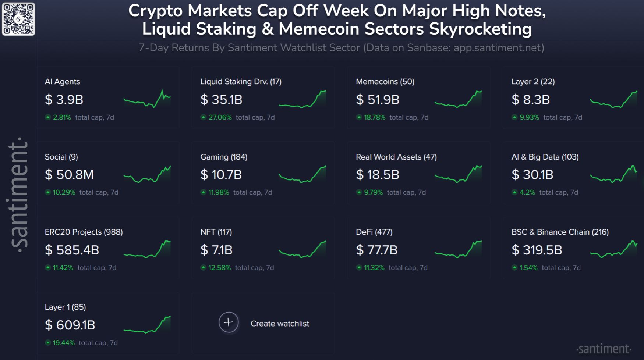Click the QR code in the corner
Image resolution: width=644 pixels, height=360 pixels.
tap(18, 19)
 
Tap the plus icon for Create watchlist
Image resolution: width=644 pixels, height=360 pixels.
tap(229, 322)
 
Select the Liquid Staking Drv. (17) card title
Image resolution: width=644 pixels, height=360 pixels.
tap(241, 82)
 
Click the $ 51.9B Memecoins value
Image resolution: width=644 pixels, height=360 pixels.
tap(378, 100)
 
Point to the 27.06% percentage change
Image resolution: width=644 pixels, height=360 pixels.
tap(220, 117)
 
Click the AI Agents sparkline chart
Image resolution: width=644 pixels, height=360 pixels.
tap(147, 99)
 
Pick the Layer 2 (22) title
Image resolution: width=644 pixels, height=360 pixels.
tap(533, 82)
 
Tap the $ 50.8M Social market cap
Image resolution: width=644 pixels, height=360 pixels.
tap(69, 175)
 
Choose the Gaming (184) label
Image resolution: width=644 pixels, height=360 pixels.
tap(224, 157)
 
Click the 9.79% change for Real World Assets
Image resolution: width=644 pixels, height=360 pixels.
tap(373, 192)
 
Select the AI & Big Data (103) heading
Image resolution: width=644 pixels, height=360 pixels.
tap(545, 157)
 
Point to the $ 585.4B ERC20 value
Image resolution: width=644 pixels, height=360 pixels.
tap(72, 250)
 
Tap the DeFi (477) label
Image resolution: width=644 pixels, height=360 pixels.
tap(374, 232)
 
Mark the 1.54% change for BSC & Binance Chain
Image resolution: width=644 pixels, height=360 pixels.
tap(528, 268)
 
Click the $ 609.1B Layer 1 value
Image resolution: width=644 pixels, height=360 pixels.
tap(70, 325)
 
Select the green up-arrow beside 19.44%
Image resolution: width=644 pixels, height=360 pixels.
tap(48, 343)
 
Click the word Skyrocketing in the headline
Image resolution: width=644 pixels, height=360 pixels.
tap(480, 29)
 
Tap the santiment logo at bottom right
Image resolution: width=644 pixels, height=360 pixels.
tap(604, 349)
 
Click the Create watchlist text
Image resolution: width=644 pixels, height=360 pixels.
tap(280, 324)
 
